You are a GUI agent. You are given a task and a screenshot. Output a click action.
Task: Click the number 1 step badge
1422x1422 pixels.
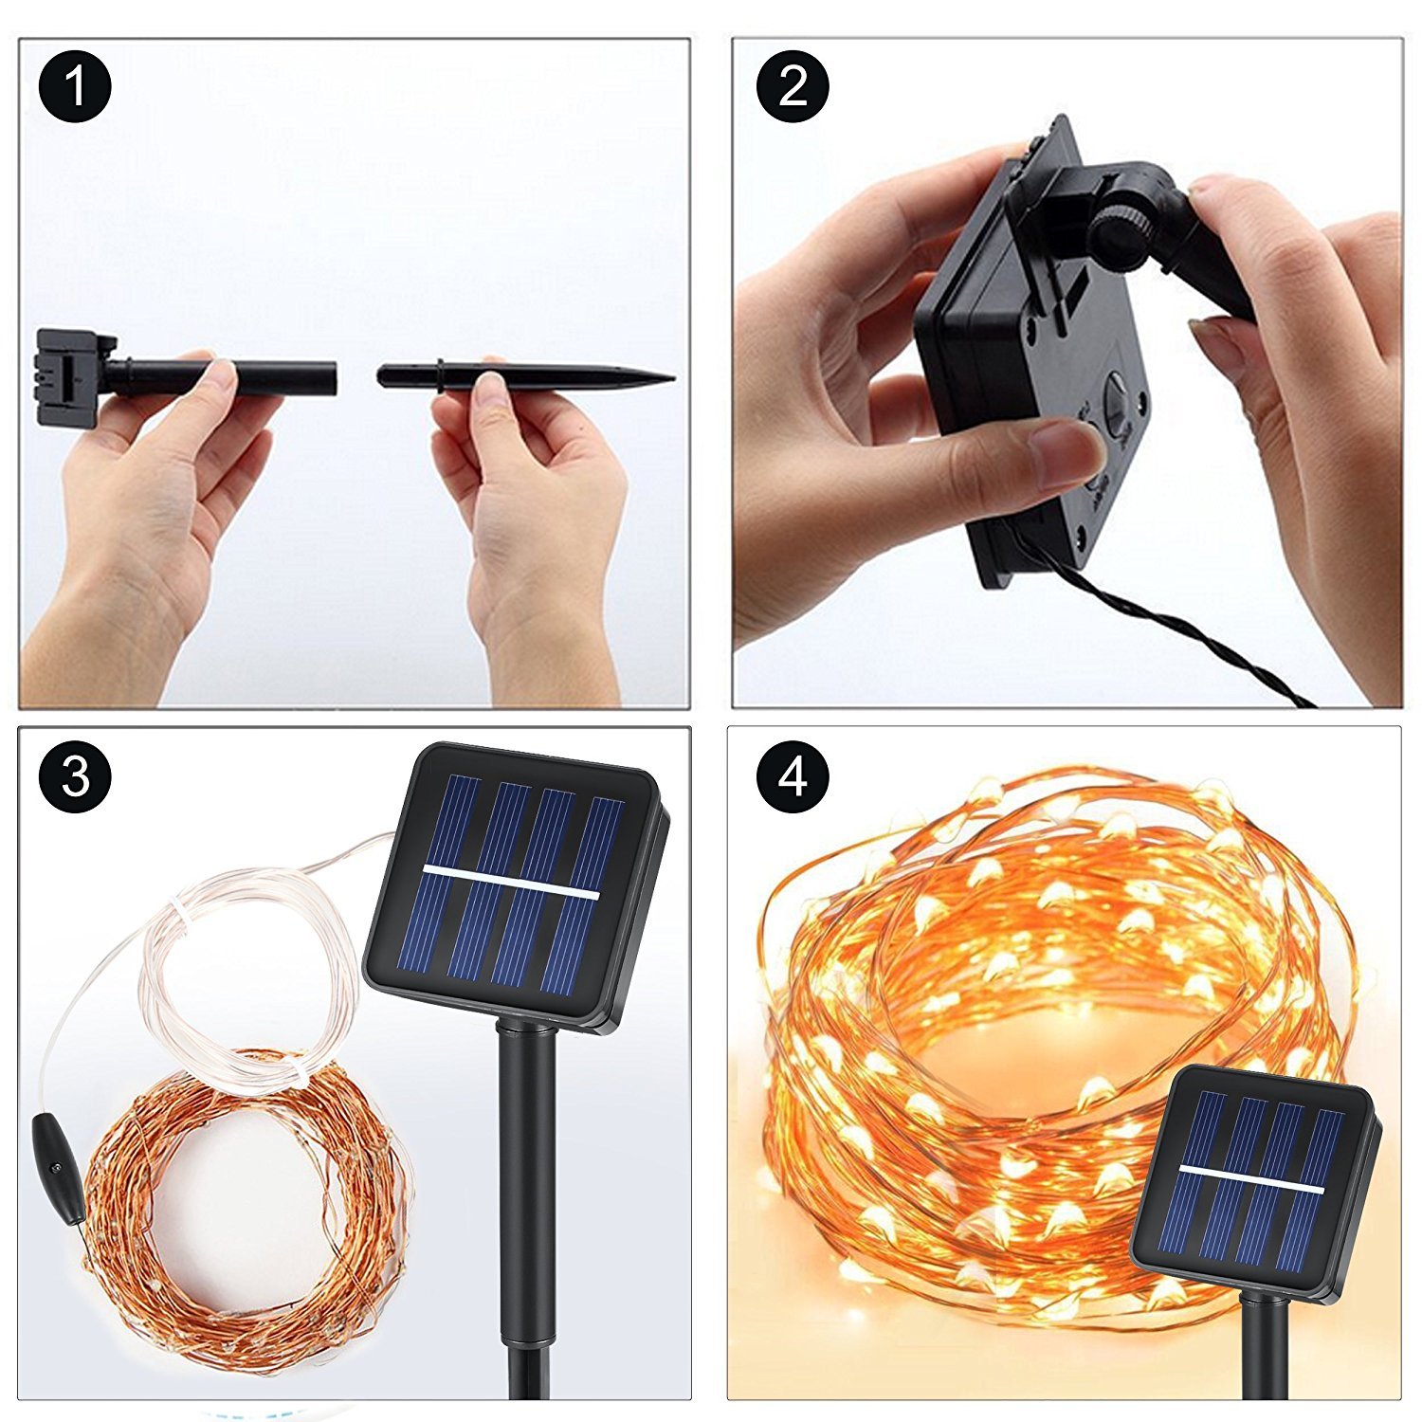click(x=75, y=87)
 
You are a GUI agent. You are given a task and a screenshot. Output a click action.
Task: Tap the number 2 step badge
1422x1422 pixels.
click(x=793, y=87)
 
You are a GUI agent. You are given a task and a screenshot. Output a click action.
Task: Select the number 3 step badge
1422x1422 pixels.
click(x=75, y=776)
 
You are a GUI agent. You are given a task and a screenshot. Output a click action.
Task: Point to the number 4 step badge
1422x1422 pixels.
click(x=793, y=776)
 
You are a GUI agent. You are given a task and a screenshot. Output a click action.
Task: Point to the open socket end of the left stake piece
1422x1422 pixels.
click(x=332, y=376)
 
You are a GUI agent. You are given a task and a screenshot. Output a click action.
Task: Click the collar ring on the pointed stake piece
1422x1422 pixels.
click(x=440, y=376)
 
